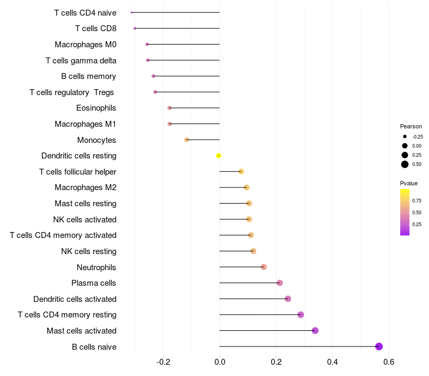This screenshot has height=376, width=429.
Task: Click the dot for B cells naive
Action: pos(379,346)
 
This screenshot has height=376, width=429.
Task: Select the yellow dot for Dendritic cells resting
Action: pos(218,156)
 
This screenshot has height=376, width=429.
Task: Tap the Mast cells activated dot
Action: pos(315,330)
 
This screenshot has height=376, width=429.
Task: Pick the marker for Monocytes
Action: pos(187,140)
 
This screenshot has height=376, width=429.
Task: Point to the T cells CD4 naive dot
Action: pos(131,12)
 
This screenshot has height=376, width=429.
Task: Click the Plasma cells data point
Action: pos(279,283)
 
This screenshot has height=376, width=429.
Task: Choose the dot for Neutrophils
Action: pos(263,267)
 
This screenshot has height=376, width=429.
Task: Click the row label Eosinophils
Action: pos(96,108)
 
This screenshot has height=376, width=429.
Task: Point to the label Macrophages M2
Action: pos(85,187)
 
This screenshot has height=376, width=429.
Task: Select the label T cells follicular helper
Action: pos(78,172)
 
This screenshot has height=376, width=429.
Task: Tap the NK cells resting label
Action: pos(88,251)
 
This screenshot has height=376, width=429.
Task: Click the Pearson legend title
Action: pos(411,126)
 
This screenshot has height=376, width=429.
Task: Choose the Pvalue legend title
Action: pos(409,183)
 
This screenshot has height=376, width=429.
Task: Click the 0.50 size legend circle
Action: pos(405,164)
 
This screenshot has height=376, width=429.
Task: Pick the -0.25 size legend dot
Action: pos(405,136)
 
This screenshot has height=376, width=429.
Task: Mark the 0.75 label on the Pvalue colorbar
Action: pos(417,201)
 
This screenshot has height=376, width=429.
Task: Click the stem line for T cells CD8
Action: pos(177,28)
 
